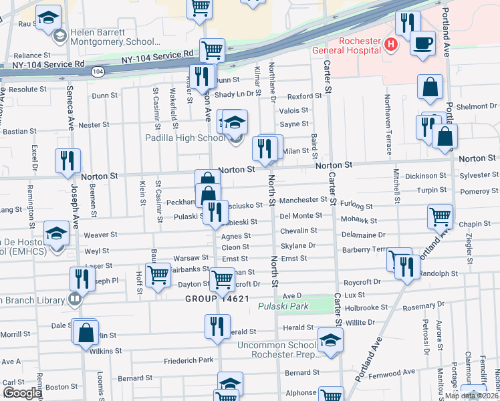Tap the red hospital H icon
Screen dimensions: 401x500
[391, 45]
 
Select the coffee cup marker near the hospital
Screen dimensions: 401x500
[422, 44]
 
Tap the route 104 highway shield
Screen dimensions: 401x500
[98, 70]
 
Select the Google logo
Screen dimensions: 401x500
[22, 392]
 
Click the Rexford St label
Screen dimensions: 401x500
[304, 96]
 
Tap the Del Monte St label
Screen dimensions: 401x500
[301, 216]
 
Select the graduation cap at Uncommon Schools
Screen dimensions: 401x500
[330, 340]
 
